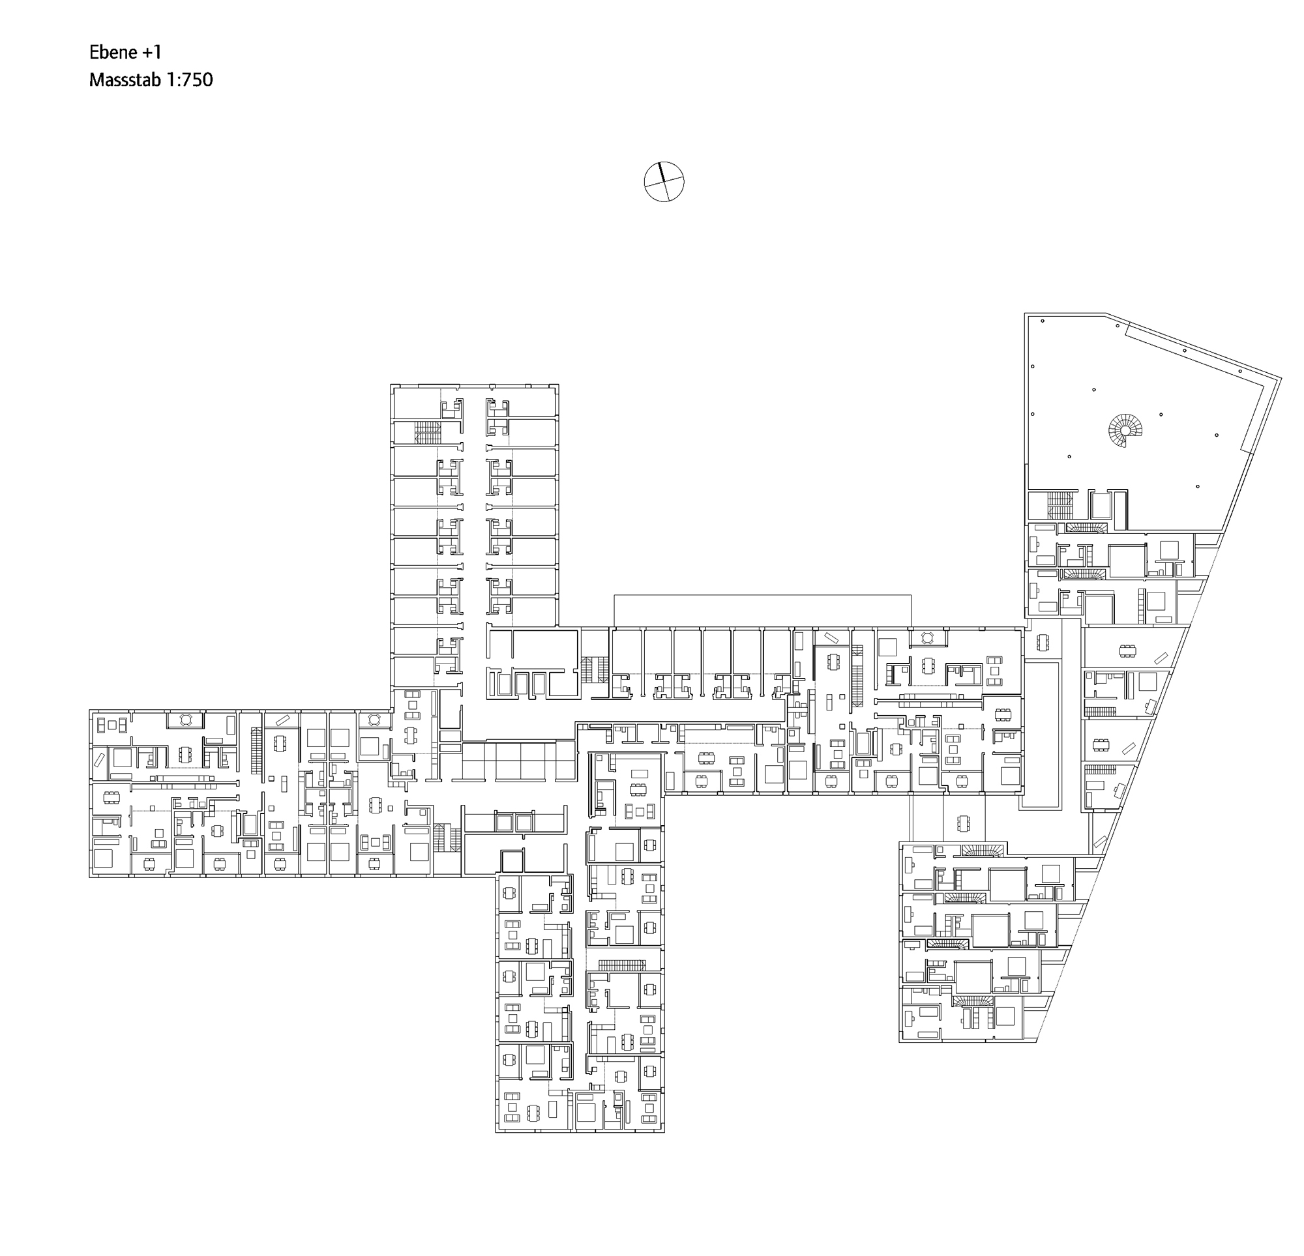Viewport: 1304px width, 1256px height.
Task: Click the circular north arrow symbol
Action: [x=663, y=181]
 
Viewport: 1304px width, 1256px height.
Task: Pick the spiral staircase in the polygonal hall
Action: [x=1124, y=430]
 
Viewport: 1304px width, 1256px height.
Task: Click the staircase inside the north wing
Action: [x=427, y=432]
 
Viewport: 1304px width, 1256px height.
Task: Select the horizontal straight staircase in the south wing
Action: [x=621, y=965]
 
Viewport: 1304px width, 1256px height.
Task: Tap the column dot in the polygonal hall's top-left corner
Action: [x=1043, y=321]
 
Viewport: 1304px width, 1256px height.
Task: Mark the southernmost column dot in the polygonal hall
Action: [x=1198, y=487]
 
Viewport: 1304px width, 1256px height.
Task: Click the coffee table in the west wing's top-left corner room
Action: [x=112, y=724]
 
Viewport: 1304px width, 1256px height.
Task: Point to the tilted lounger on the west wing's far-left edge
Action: [x=99, y=759]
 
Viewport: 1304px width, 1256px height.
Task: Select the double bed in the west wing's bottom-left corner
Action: [x=103, y=858]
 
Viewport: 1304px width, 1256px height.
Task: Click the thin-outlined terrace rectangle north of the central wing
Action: [x=762, y=611]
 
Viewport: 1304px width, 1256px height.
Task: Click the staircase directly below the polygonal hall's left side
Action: [x=1061, y=506]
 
